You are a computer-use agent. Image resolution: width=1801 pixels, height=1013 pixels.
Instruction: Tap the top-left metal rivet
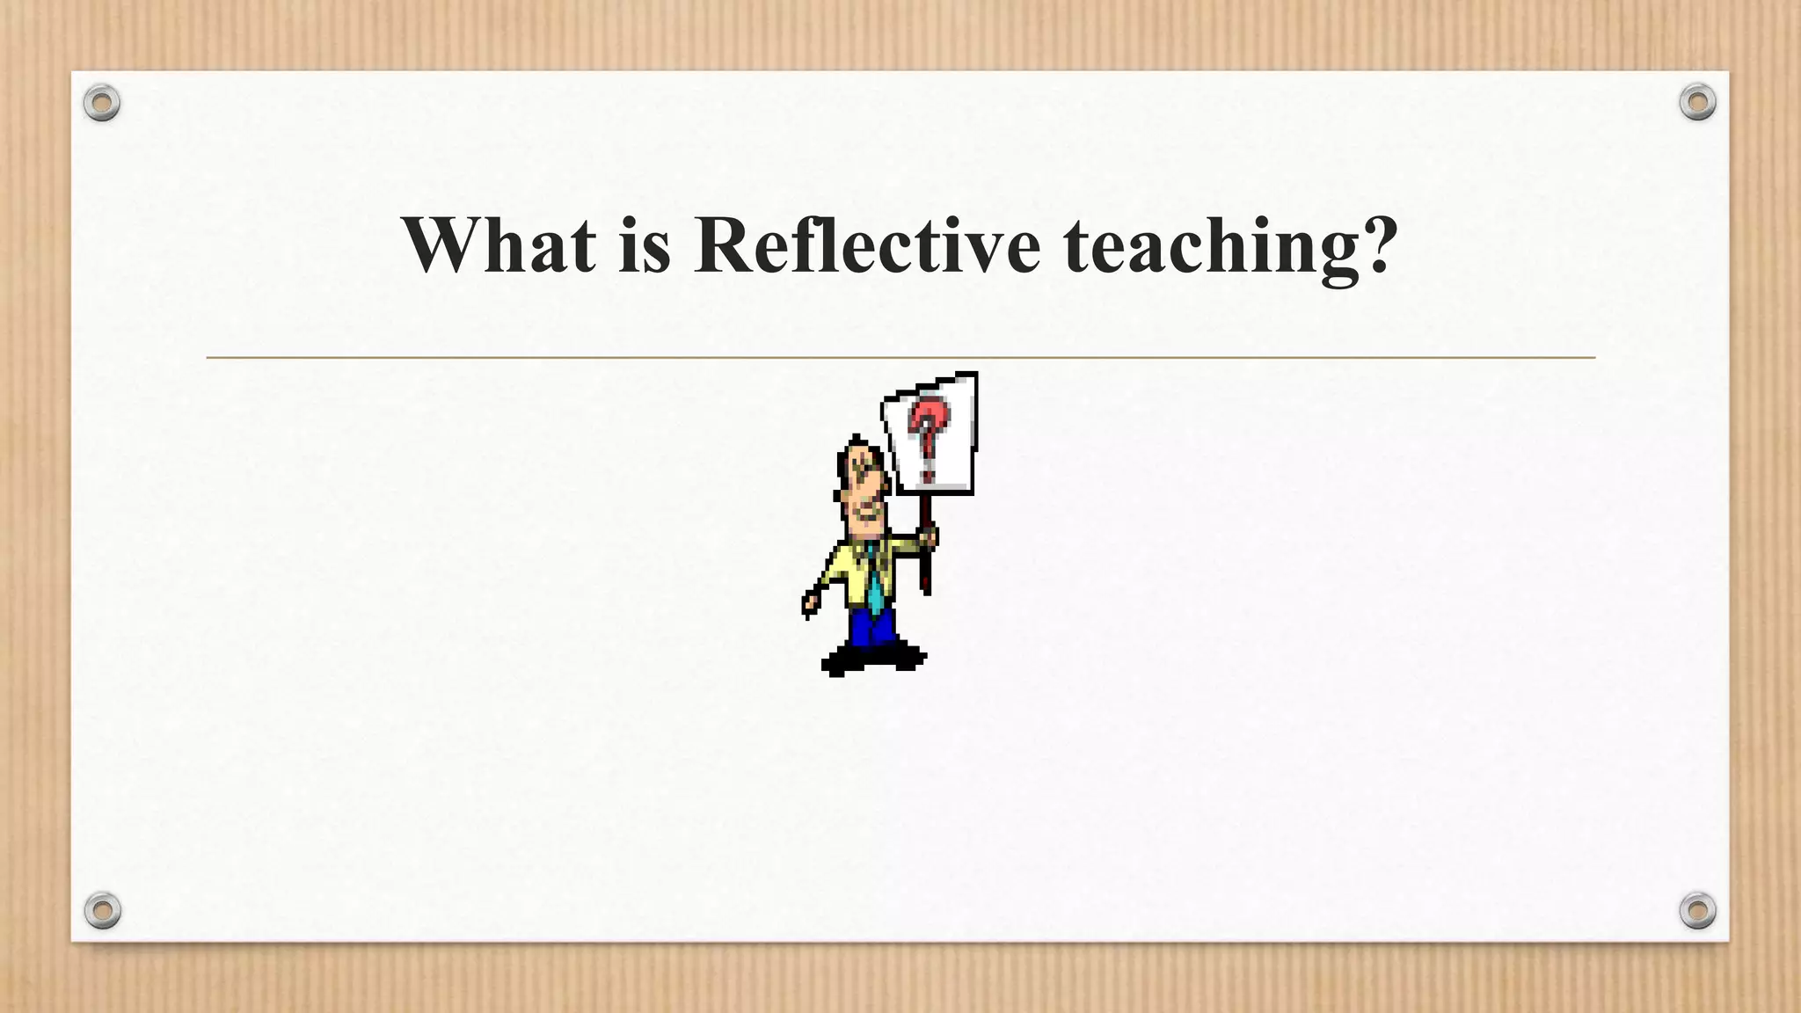click(x=102, y=104)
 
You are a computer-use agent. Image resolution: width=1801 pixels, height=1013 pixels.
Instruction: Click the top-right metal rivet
click(x=1697, y=103)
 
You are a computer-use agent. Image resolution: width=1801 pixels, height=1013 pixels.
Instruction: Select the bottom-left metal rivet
click(x=102, y=910)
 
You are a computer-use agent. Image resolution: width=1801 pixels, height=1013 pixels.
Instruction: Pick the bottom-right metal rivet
click(x=1697, y=910)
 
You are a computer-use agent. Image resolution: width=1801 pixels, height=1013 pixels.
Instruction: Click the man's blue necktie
click(x=875, y=580)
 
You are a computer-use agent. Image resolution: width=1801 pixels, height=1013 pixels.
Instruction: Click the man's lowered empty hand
click(x=809, y=604)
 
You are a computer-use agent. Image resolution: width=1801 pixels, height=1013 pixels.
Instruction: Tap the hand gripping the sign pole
click(x=927, y=536)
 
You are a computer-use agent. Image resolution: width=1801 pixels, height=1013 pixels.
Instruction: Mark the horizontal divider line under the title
click(x=900, y=358)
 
